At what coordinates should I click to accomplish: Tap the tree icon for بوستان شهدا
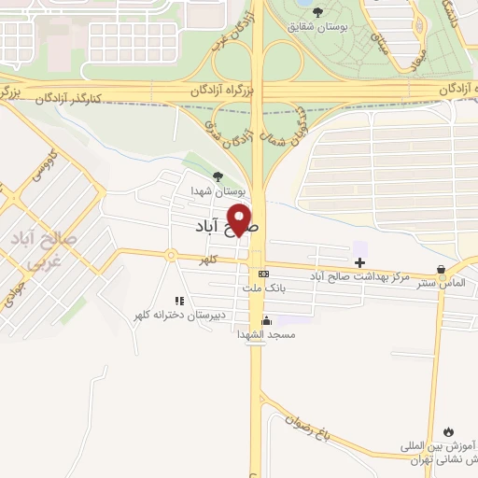pos(218,176)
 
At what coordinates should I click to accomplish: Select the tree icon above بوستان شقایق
pos(317,11)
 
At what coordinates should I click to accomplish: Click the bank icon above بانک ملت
pos(264,274)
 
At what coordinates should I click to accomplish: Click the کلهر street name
pos(221,261)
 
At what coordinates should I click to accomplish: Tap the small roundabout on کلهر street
pos(171,255)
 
